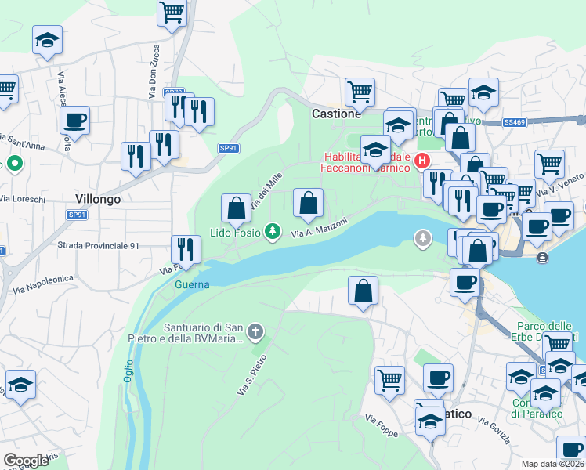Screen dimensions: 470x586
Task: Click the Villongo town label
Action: click(98, 199)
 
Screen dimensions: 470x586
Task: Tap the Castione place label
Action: click(336, 114)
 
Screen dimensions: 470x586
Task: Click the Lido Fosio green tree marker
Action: click(272, 231)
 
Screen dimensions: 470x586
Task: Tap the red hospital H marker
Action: click(422, 161)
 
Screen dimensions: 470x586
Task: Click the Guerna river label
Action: click(192, 284)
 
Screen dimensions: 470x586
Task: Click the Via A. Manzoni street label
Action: click(320, 228)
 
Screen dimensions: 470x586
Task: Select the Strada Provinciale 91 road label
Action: click(99, 245)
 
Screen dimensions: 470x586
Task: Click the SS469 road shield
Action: click(515, 123)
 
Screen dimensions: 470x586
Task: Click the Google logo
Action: click(26, 461)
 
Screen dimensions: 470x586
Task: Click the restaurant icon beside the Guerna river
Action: click(186, 249)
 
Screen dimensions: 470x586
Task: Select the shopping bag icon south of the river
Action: click(363, 291)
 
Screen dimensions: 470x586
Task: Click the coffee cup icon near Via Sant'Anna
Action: click(75, 120)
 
